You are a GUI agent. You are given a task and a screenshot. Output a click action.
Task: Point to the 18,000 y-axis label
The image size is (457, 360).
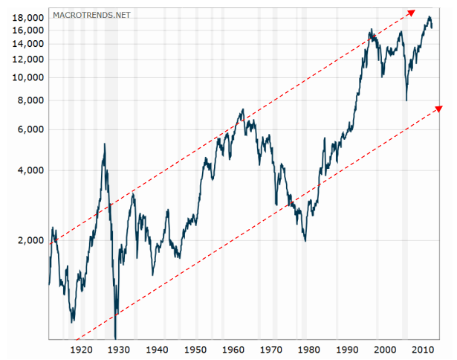28,17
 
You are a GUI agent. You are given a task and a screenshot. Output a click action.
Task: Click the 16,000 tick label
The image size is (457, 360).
28,30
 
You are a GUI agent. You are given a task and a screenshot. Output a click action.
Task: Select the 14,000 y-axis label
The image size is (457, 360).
28,44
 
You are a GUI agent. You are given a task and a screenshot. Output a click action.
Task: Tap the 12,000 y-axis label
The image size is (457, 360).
28,60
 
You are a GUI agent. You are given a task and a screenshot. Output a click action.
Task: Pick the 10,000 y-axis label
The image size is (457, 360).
28,77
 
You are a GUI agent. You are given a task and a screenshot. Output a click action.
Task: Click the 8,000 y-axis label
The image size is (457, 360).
31,100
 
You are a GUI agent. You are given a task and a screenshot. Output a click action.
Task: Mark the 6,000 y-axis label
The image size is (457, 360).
31,129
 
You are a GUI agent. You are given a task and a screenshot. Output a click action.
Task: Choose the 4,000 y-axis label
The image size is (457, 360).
31,170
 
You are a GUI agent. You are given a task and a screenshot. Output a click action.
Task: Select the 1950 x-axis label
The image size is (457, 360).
195,349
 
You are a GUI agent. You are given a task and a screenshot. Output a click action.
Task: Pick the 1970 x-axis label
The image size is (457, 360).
270,349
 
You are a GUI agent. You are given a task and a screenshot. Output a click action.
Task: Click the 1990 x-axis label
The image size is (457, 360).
346,349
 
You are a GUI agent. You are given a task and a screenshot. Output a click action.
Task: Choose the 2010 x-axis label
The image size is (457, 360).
422,349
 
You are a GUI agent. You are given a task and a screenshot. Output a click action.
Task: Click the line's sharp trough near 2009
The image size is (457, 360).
406,100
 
